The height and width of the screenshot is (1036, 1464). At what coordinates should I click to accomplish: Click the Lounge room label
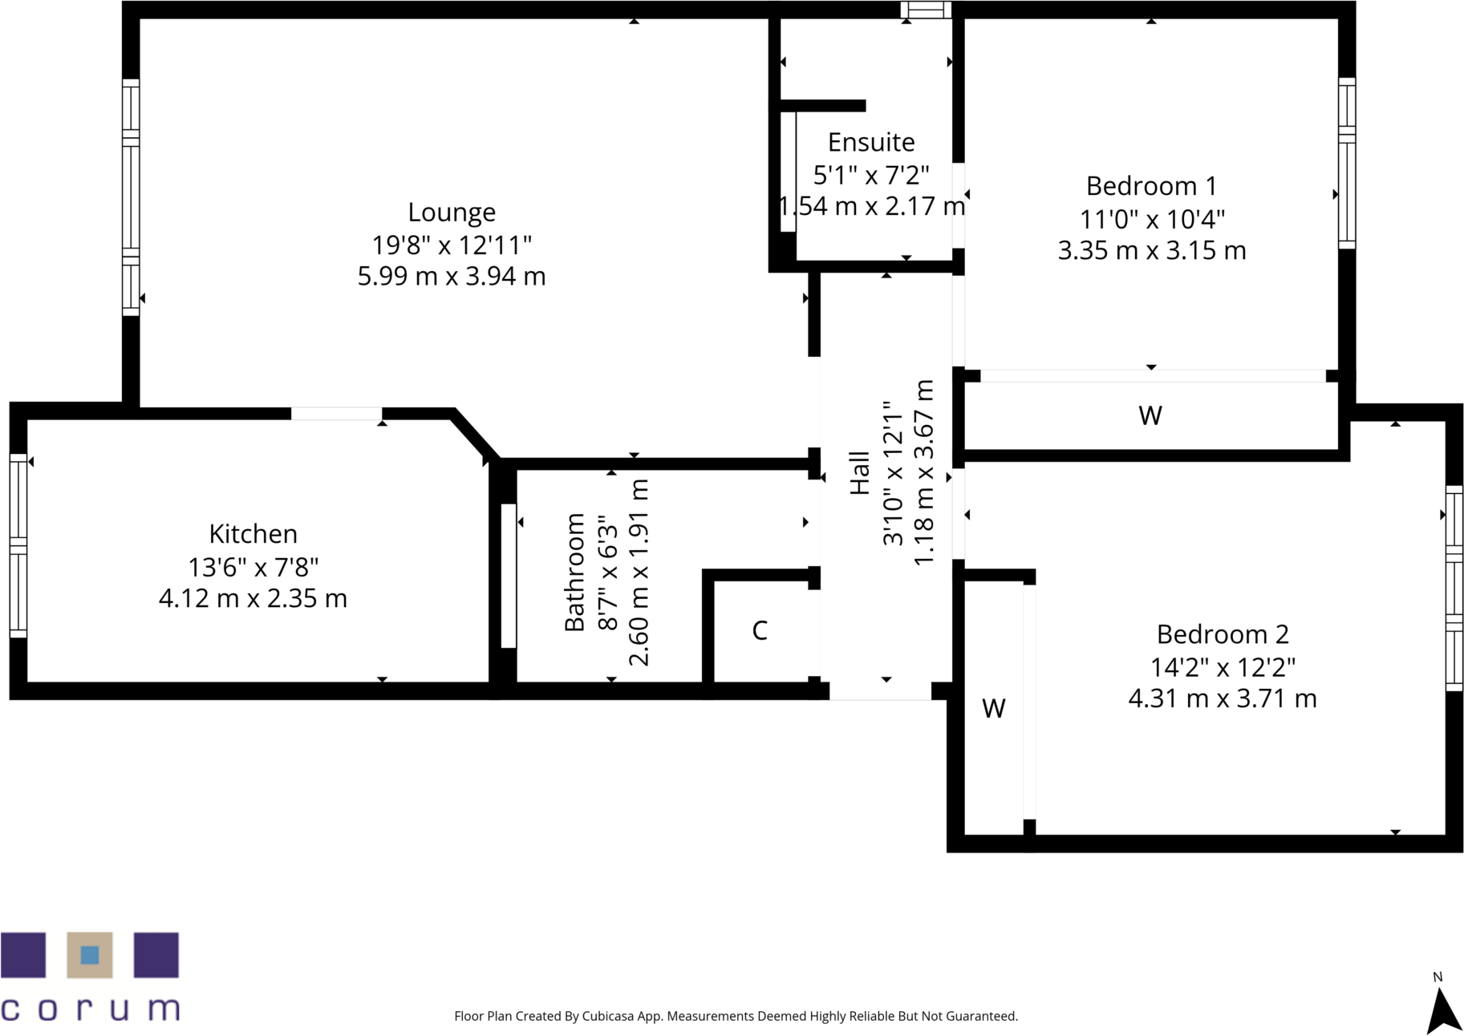pyautogui.click(x=452, y=212)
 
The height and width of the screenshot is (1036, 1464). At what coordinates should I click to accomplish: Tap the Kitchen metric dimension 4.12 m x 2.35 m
pyautogui.click(x=253, y=599)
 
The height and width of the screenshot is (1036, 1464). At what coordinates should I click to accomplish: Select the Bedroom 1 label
pyautogui.click(x=1151, y=186)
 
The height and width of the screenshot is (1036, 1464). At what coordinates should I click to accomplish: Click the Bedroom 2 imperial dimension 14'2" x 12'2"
pyautogui.click(x=1223, y=667)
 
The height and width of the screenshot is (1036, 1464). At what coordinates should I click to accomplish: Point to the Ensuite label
pyautogui.click(x=871, y=143)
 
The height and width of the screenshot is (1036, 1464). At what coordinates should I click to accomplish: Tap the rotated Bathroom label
pyautogui.click(x=574, y=573)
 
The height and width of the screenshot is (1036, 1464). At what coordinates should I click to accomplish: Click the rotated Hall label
pyautogui.click(x=860, y=473)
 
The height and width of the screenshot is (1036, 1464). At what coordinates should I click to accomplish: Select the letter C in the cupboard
pyautogui.click(x=760, y=631)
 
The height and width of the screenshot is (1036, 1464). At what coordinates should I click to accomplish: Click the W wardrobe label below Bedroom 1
pyautogui.click(x=1150, y=415)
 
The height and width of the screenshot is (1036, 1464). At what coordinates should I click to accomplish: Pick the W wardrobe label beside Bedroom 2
pyautogui.click(x=994, y=709)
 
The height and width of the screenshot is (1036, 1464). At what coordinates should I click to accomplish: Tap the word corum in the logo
pyautogui.click(x=90, y=1008)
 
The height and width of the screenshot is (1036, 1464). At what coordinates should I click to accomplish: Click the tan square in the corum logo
pyautogui.click(x=90, y=955)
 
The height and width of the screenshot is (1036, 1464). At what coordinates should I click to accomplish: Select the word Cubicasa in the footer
pyautogui.click(x=608, y=1016)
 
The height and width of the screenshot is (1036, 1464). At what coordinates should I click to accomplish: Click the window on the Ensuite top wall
pyautogui.click(x=926, y=10)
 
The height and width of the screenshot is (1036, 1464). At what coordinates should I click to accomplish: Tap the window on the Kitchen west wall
pyautogui.click(x=18, y=546)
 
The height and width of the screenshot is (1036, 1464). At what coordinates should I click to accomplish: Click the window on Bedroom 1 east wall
pyautogui.click(x=1347, y=163)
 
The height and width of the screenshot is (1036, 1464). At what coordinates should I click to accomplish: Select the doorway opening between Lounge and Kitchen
pyautogui.click(x=336, y=414)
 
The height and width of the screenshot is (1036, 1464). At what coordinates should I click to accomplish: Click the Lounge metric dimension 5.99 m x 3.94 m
pyautogui.click(x=452, y=277)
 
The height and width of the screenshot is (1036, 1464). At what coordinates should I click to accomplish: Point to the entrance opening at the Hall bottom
pyautogui.click(x=880, y=690)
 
